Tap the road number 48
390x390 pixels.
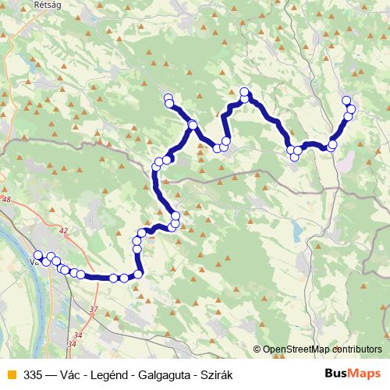(x=8, y=200)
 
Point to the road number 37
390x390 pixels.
(x=94, y=310)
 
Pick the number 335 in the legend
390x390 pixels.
(x=34, y=374)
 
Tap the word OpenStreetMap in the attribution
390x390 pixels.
(x=293, y=350)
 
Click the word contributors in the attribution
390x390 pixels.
(x=356, y=350)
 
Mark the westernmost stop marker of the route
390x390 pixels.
(x=37, y=255)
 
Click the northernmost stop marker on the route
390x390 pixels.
(x=244, y=91)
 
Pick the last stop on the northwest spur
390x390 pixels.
(x=168, y=98)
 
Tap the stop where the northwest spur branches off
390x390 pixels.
(x=192, y=125)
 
